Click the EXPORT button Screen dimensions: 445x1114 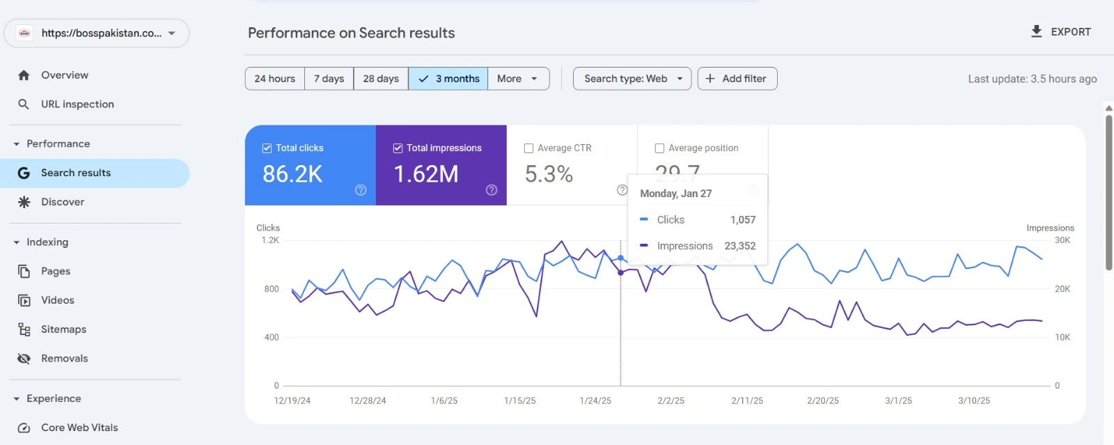1060,32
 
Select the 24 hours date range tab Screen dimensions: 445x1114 275,79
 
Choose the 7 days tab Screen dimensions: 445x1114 329,79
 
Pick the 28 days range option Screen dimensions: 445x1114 381,79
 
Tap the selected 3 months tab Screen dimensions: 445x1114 448,79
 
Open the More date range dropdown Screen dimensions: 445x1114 518,79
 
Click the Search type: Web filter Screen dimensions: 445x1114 632,79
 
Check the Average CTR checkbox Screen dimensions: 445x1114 528,148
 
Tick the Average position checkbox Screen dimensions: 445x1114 659,148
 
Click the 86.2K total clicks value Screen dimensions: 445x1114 292,174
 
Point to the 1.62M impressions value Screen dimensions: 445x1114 426,174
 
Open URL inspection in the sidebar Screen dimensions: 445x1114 77,104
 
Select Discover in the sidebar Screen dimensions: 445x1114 63,202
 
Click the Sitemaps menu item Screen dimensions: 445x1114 63,329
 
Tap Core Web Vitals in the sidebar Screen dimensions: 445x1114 79,428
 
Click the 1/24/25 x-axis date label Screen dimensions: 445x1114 595,401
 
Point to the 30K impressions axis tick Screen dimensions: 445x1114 1062,240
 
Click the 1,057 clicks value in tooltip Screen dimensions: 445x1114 743,220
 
